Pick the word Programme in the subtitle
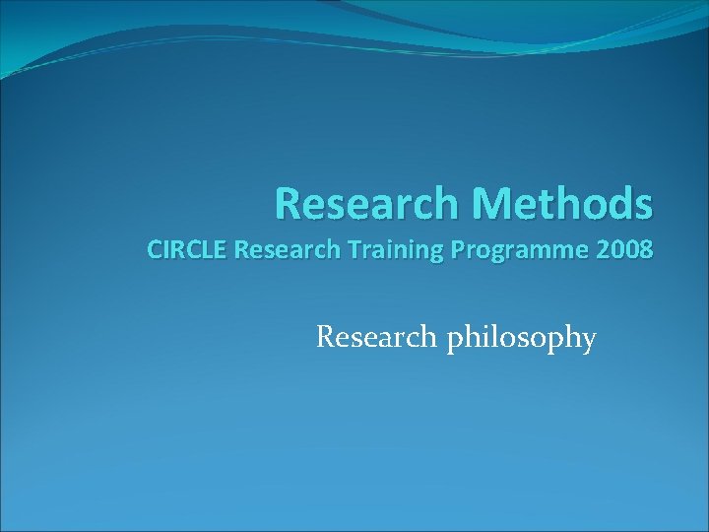502,250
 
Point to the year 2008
622,250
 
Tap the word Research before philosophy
378,338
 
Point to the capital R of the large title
288,204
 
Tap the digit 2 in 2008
601,250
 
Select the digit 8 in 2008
644,250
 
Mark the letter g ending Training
415,253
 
